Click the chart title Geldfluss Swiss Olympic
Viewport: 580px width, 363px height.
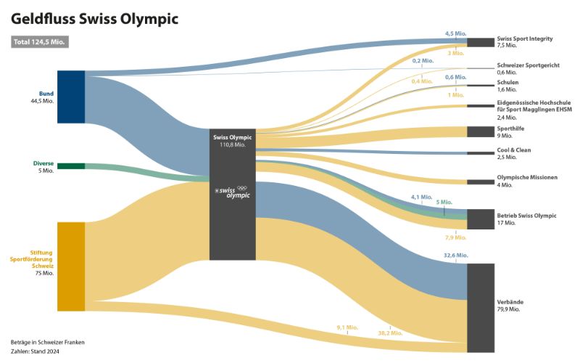coord(94,18)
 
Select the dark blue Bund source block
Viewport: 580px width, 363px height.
coord(71,97)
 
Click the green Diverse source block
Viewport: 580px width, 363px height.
coord(71,166)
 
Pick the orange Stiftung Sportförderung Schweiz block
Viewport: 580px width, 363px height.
coord(71,267)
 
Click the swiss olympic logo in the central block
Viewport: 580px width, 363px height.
coord(232,192)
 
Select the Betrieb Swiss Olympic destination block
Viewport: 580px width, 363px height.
coord(481,219)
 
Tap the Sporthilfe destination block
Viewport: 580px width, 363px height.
coord(481,131)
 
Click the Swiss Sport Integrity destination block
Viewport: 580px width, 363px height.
coord(481,42)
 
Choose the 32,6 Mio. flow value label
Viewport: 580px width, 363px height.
coord(456,256)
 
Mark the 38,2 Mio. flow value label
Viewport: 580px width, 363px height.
coord(391,333)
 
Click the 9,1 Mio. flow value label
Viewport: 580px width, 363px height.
coord(348,327)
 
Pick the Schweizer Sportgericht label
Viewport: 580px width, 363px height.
coord(528,65)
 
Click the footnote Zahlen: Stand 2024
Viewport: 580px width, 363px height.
coord(35,351)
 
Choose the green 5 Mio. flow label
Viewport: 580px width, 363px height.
coord(444,202)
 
